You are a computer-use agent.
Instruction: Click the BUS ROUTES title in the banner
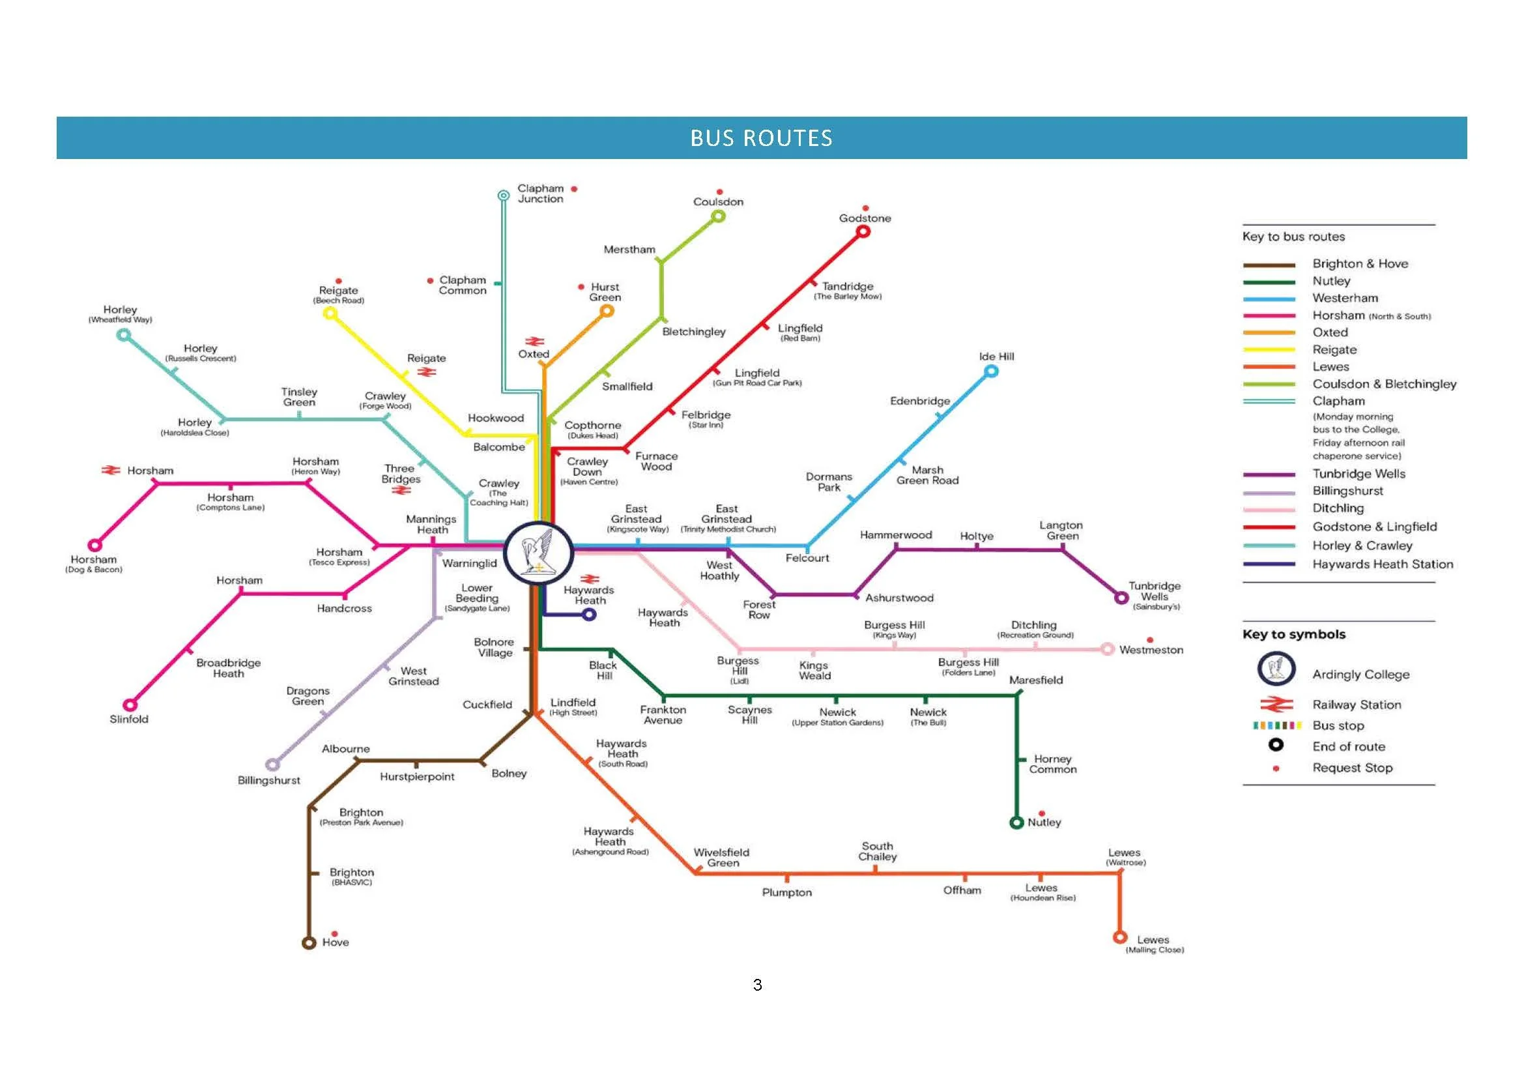pos(761,138)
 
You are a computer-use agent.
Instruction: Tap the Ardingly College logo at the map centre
pos(538,553)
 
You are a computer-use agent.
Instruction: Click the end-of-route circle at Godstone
pos(863,231)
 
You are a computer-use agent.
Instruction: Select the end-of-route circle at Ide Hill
pos(991,371)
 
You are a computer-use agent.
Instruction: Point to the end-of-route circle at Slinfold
pos(131,705)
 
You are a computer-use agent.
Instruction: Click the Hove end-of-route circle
pos(309,942)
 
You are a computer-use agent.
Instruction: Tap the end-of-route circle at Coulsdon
pos(718,216)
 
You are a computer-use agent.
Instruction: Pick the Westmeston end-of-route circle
pos(1107,649)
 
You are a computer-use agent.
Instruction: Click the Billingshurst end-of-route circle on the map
pos(272,765)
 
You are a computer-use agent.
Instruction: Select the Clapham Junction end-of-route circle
pos(504,195)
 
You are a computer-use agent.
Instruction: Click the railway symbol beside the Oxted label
pos(534,342)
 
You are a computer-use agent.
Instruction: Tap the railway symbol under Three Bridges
pos(401,491)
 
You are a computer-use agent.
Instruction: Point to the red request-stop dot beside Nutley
pos(1042,813)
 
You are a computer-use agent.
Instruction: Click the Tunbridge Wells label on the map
pos(1155,591)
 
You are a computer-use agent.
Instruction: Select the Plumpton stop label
pos(786,893)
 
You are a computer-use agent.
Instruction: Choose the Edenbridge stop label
pos(920,401)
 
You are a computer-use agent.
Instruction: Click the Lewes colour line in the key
pos(1269,367)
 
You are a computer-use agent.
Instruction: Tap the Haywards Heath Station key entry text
pos(1383,564)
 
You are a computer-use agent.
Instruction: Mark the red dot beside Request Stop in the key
pos(1276,768)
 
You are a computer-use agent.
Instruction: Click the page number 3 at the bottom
pos(757,985)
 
